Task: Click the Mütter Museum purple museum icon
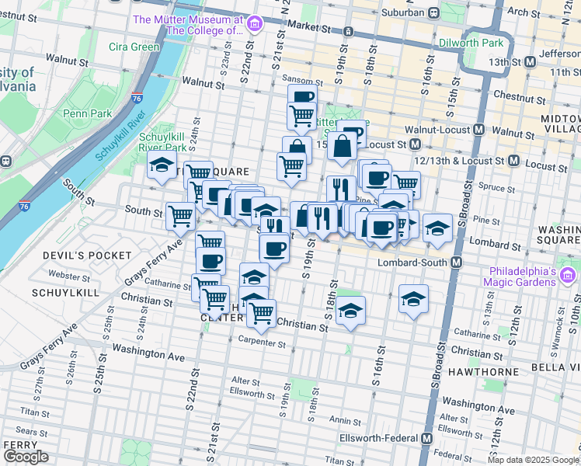point(253,25)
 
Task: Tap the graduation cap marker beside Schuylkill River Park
point(162,165)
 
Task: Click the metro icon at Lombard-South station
point(457,263)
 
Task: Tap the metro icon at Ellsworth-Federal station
point(426,439)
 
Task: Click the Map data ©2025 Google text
point(533,460)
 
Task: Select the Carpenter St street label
point(263,339)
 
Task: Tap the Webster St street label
point(64,276)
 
